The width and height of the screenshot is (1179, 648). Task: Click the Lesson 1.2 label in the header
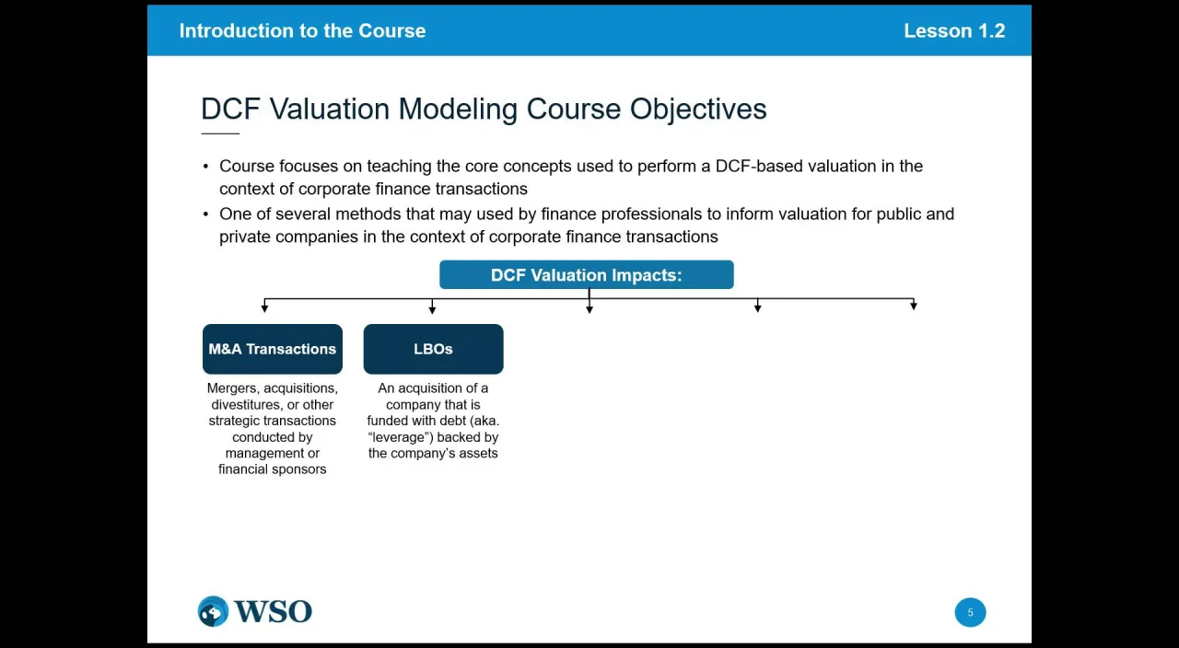click(x=954, y=30)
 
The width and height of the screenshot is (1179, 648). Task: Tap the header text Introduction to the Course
click(x=303, y=30)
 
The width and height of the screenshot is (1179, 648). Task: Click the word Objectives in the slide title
click(x=698, y=110)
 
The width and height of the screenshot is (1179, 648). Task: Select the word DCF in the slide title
click(x=230, y=109)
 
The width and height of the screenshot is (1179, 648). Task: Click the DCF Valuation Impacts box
click(x=587, y=274)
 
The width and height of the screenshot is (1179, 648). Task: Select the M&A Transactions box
click(x=272, y=349)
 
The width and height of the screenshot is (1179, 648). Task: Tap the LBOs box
click(x=433, y=349)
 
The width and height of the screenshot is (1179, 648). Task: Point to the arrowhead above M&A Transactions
click(x=264, y=308)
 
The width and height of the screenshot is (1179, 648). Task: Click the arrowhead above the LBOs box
click(x=432, y=309)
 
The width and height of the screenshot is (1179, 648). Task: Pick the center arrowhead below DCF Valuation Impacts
click(x=589, y=309)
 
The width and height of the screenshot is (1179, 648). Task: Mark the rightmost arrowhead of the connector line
click(x=914, y=305)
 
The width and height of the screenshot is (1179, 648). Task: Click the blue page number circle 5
click(x=970, y=612)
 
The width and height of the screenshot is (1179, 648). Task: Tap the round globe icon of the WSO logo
click(x=213, y=611)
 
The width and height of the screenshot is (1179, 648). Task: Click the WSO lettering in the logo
click(x=274, y=611)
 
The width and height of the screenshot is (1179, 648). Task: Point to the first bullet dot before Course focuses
click(x=205, y=167)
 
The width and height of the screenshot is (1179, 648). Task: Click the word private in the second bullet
click(x=245, y=237)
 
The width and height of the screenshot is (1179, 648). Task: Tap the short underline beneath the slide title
click(x=220, y=133)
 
